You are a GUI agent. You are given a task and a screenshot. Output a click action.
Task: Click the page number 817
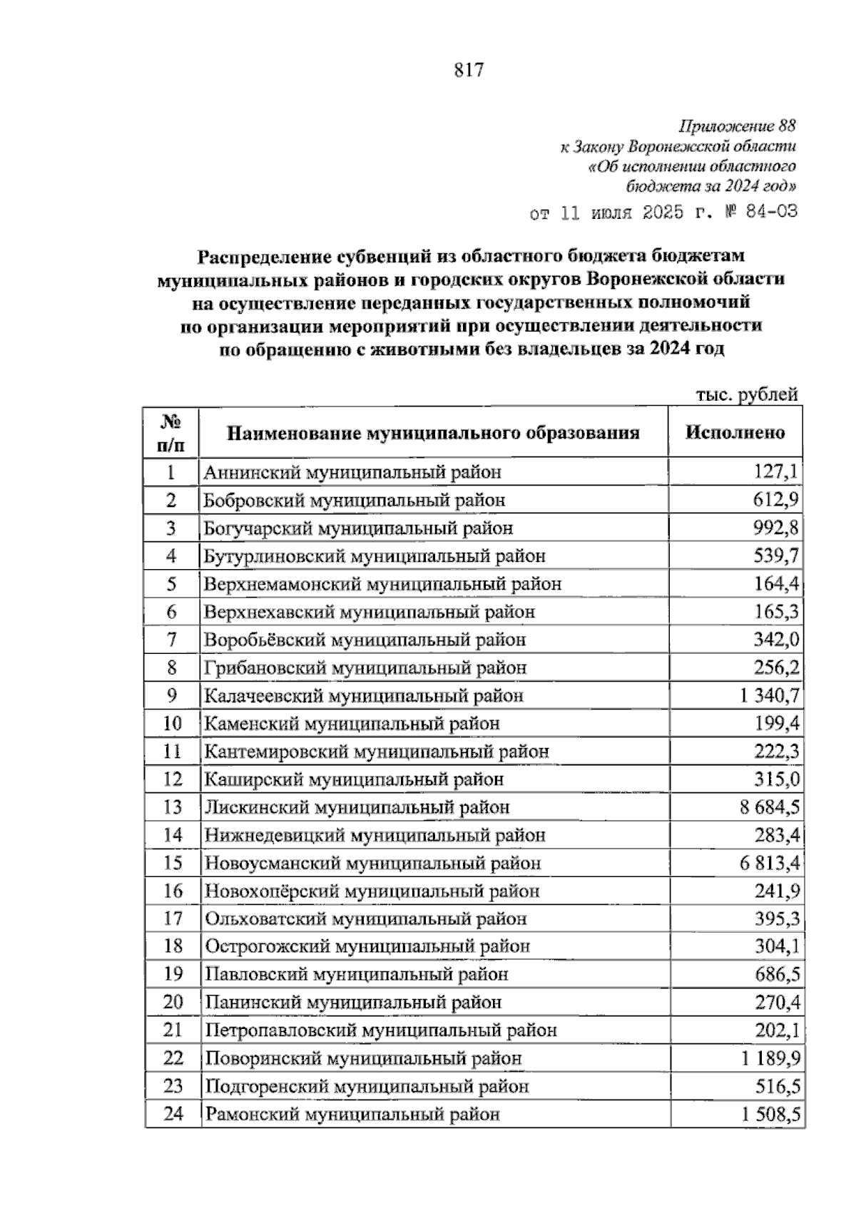469,70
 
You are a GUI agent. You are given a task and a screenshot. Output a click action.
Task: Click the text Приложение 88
737,127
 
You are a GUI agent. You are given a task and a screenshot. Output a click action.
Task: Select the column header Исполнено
735,432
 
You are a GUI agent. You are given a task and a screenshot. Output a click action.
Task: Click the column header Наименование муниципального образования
433,433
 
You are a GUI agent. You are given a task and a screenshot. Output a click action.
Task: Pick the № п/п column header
171,433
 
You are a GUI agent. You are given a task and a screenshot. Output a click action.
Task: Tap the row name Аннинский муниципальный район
352,472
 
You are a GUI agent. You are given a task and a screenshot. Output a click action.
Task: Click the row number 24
173,1114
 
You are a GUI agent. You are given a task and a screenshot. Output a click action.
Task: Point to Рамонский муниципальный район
352,1114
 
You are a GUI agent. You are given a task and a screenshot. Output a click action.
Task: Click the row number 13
173,807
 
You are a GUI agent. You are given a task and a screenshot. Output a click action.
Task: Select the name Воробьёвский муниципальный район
365,640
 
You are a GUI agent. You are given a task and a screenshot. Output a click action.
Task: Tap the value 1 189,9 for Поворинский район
770,1058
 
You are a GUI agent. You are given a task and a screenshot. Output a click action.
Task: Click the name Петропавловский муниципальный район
381,1030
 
